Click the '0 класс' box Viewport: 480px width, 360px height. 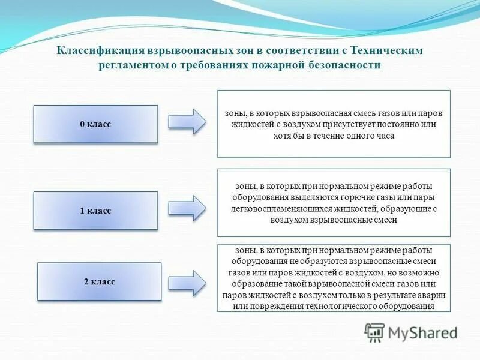[x=95, y=124]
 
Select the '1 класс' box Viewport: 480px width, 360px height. [x=95, y=211]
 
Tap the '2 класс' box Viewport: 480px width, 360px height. [x=99, y=281]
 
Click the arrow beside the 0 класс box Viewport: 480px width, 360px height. [x=187, y=122]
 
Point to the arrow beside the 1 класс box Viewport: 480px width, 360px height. [x=187, y=208]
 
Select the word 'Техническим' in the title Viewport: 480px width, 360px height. [x=394, y=51]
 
